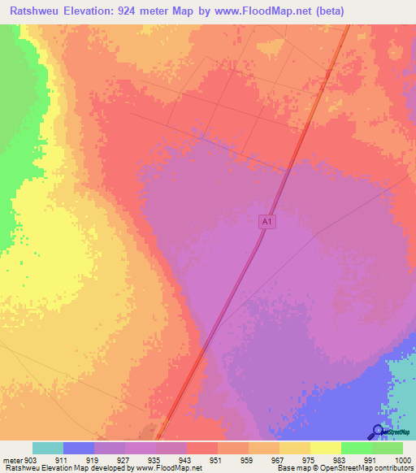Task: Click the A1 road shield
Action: click(x=267, y=221)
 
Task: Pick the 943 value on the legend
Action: click(x=186, y=461)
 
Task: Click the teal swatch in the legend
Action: click(x=48, y=448)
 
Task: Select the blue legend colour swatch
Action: click(x=79, y=448)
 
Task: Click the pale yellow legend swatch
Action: click(x=326, y=448)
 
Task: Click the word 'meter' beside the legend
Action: click(x=11, y=461)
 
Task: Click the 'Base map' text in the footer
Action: click(x=291, y=469)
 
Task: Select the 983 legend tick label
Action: click(x=340, y=461)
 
